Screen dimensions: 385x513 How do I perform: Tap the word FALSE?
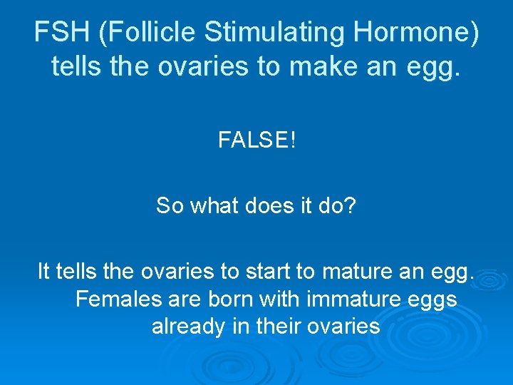[x=256, y=140]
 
